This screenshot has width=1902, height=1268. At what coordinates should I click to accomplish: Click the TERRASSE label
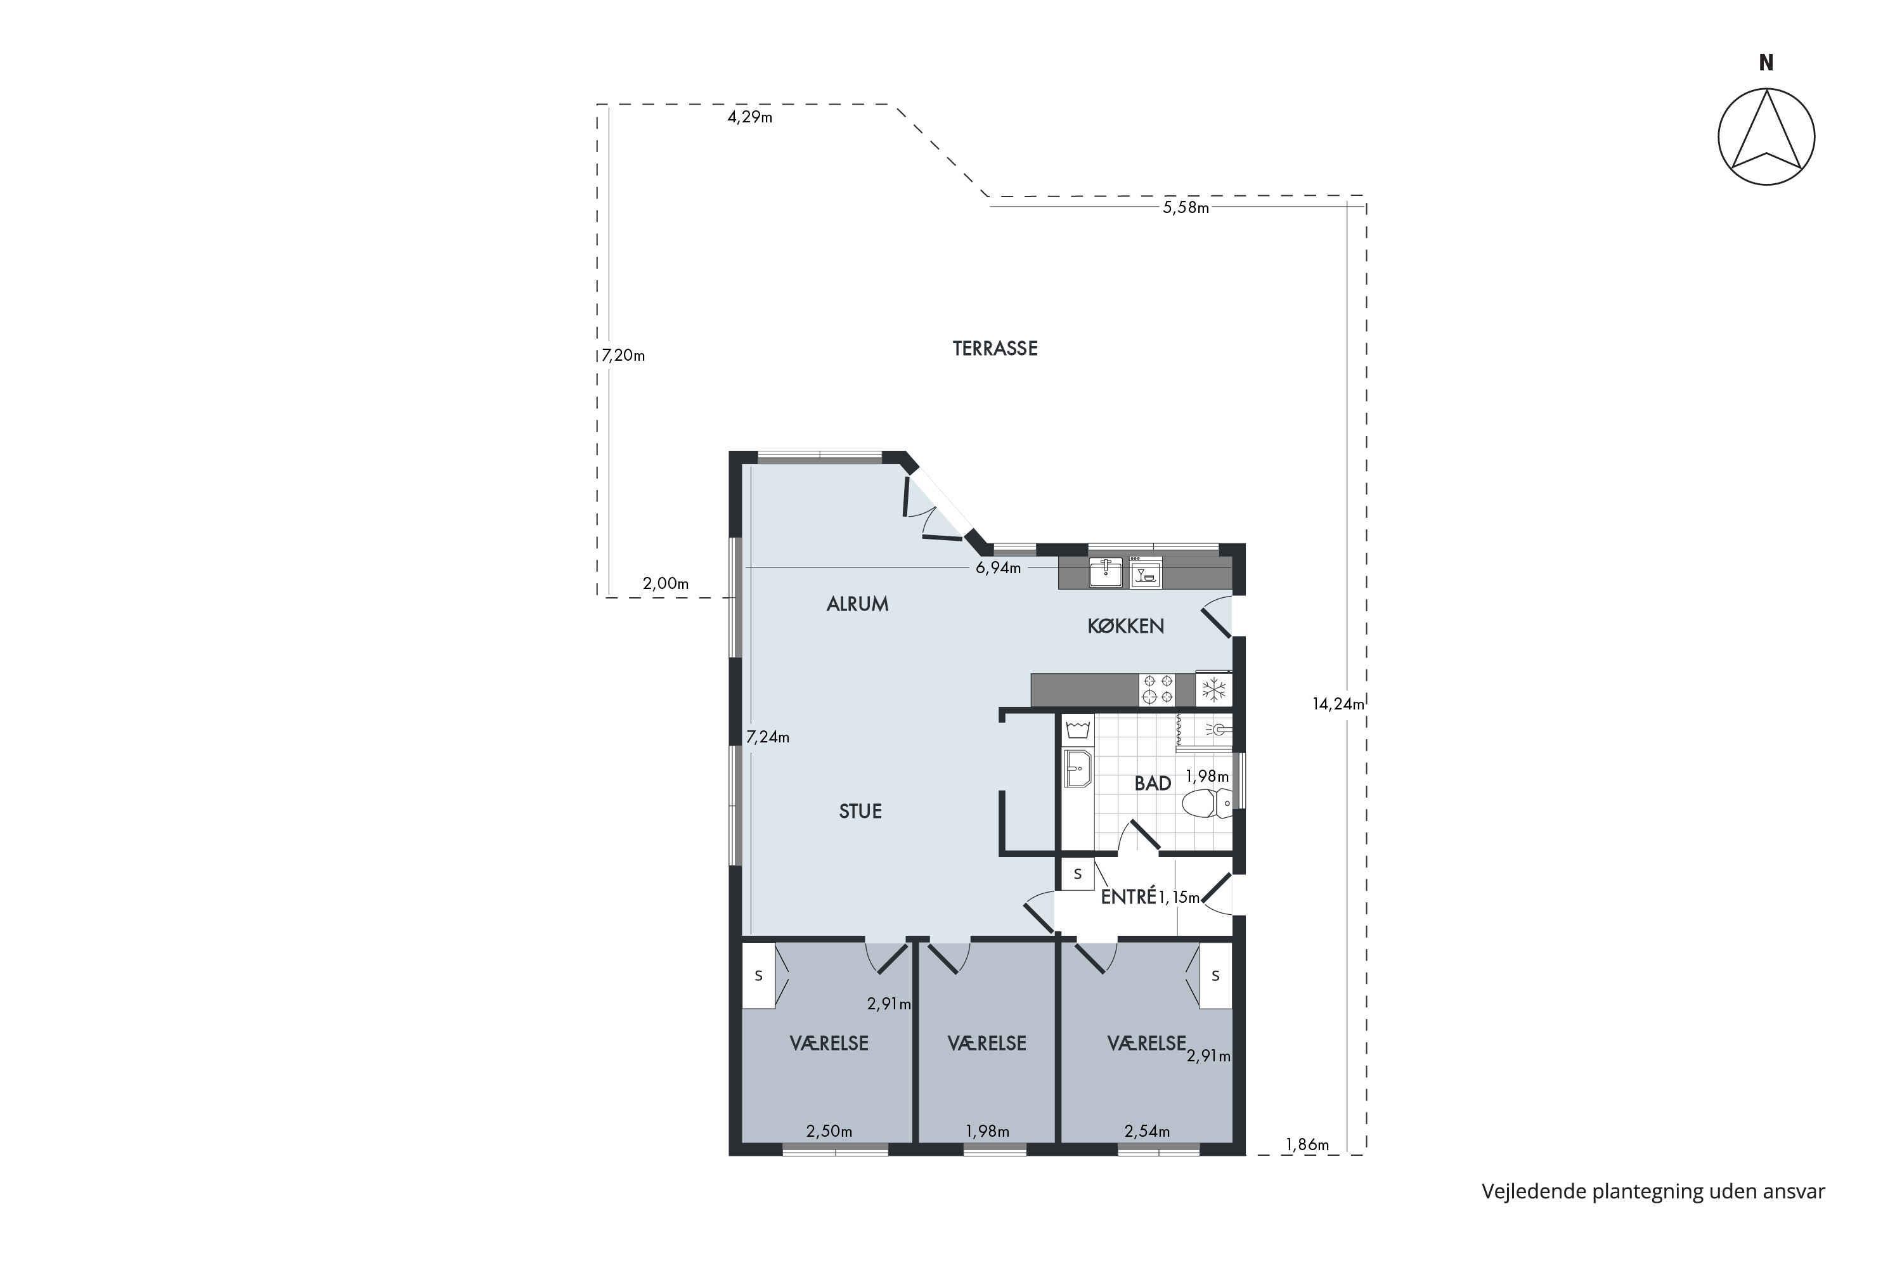995,349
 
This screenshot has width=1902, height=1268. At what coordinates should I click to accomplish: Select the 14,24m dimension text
1338,704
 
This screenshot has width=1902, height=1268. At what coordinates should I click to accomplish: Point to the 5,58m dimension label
1186,208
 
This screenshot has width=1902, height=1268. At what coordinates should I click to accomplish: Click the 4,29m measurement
749,117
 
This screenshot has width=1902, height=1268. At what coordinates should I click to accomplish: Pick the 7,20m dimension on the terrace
623,355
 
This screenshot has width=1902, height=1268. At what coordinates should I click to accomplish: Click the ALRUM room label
857,604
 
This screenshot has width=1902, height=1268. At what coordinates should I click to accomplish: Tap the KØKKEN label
1126,626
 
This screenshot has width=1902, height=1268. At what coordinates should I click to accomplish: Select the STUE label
860,811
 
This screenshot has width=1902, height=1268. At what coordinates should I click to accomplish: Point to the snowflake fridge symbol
1213,690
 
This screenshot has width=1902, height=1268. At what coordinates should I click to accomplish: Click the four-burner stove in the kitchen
1156,690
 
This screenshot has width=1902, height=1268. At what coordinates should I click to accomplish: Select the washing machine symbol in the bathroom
1078,730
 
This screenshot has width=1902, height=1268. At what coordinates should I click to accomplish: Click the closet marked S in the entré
1078,874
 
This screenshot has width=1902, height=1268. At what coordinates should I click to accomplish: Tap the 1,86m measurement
1307,1145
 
